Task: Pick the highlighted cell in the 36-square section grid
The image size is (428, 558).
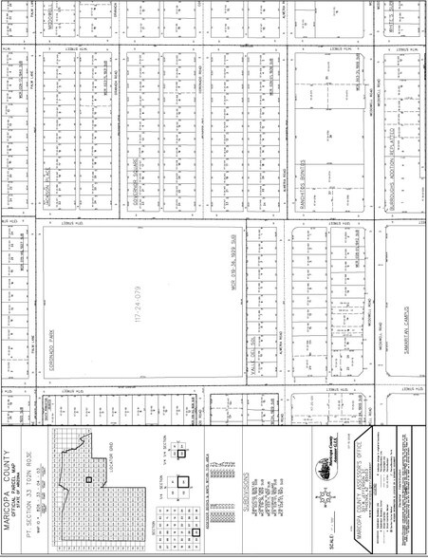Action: point(195,532)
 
